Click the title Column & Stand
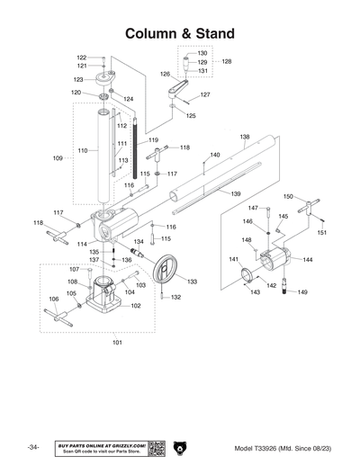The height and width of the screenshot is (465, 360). [180, 33]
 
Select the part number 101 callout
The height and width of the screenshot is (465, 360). [118, 342]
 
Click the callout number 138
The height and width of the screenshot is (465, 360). [245, 137]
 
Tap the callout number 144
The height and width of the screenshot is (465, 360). [308, 260]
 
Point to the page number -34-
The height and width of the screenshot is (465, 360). [33, 447]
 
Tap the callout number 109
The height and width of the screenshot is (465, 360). [58, 157]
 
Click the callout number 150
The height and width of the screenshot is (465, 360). [288, 196]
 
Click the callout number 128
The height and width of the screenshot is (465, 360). [227, 62]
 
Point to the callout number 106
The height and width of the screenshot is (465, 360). [52, 300]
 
